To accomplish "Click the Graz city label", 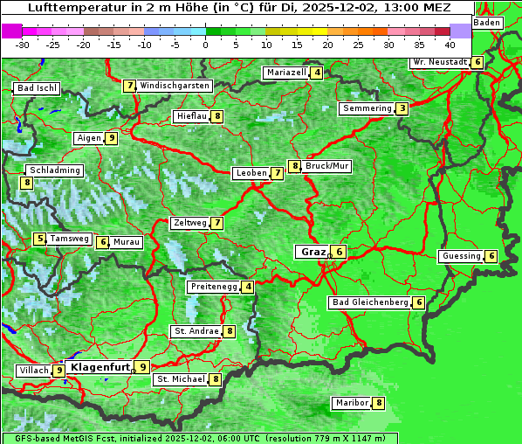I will click(313, 252).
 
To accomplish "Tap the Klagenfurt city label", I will click(100, 367).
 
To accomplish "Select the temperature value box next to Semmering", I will click(402, 108).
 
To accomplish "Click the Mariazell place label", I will click(286, 73).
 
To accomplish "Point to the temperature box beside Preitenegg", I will click(249, 287).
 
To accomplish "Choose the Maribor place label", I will click(351, 403).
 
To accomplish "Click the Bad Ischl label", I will click(37, 88).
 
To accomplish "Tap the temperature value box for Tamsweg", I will click(39, 239).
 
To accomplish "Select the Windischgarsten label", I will click(175, 86).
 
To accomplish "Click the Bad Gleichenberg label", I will click(370, 302).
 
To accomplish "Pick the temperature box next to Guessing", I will click(492, 256).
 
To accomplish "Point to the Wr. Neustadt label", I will click(439, 62).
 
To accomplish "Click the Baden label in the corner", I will click(488, 22).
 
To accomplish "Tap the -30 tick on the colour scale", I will click(23, 44).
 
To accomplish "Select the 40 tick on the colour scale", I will click(450, 44).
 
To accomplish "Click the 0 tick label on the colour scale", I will click(206, 44).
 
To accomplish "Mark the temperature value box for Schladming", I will click(27, 183).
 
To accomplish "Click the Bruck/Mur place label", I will click(327, 165).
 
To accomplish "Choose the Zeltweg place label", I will click(189, 223).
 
